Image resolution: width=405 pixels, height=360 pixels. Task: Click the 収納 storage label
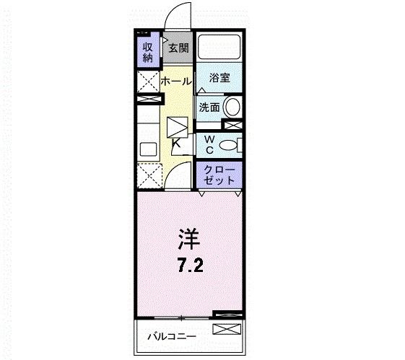[147, 51]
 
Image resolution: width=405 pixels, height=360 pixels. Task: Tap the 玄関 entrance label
[178, 48]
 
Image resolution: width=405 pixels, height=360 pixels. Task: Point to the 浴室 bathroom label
[219, 78]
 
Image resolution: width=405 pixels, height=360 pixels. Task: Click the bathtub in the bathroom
[219, 48]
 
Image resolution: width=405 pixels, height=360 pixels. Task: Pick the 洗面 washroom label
[209, 107]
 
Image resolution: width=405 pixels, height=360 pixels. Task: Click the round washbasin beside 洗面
[232, 107]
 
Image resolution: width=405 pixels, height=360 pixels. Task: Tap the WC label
[208, 144]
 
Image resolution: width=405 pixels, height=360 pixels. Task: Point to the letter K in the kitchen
[177, 144]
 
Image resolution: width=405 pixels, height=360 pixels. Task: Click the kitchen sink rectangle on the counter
[148, 151]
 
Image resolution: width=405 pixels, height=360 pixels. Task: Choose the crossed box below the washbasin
[232, 126]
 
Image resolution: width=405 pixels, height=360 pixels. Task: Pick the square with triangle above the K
[178, 126]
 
